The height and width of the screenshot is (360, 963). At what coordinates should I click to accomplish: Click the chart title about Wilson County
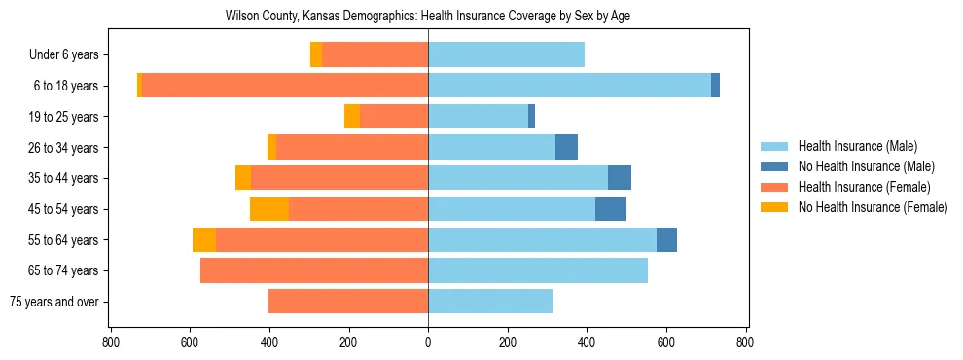pos(428,17)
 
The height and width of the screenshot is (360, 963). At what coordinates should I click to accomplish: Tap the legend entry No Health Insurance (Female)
pos(872,207)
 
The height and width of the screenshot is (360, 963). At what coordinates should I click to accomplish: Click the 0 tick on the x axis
pos(428,342)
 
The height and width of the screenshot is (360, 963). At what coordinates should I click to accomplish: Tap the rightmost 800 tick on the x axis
pos(745,342)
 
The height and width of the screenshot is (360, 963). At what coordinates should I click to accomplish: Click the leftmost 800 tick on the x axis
pos(111,342)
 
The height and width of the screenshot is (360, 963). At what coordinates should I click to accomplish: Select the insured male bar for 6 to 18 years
pos(569,86)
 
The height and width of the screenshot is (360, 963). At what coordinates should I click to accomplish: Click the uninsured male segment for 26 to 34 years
pos(566,147)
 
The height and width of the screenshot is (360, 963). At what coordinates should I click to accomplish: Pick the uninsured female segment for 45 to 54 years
pos(269,209)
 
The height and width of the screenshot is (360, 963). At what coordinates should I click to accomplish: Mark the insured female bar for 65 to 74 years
pos(314,270)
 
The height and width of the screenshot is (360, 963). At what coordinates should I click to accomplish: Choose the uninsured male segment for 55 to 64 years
pos(666,240)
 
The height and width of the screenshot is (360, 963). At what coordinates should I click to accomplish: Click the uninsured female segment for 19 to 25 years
pos(352,117)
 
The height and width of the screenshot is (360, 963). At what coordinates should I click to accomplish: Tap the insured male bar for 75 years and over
pos(490,302)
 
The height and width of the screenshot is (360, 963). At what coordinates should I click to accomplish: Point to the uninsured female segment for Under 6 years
pos(316,55)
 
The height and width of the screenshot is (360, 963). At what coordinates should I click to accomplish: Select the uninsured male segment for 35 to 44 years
pos(620,178)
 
